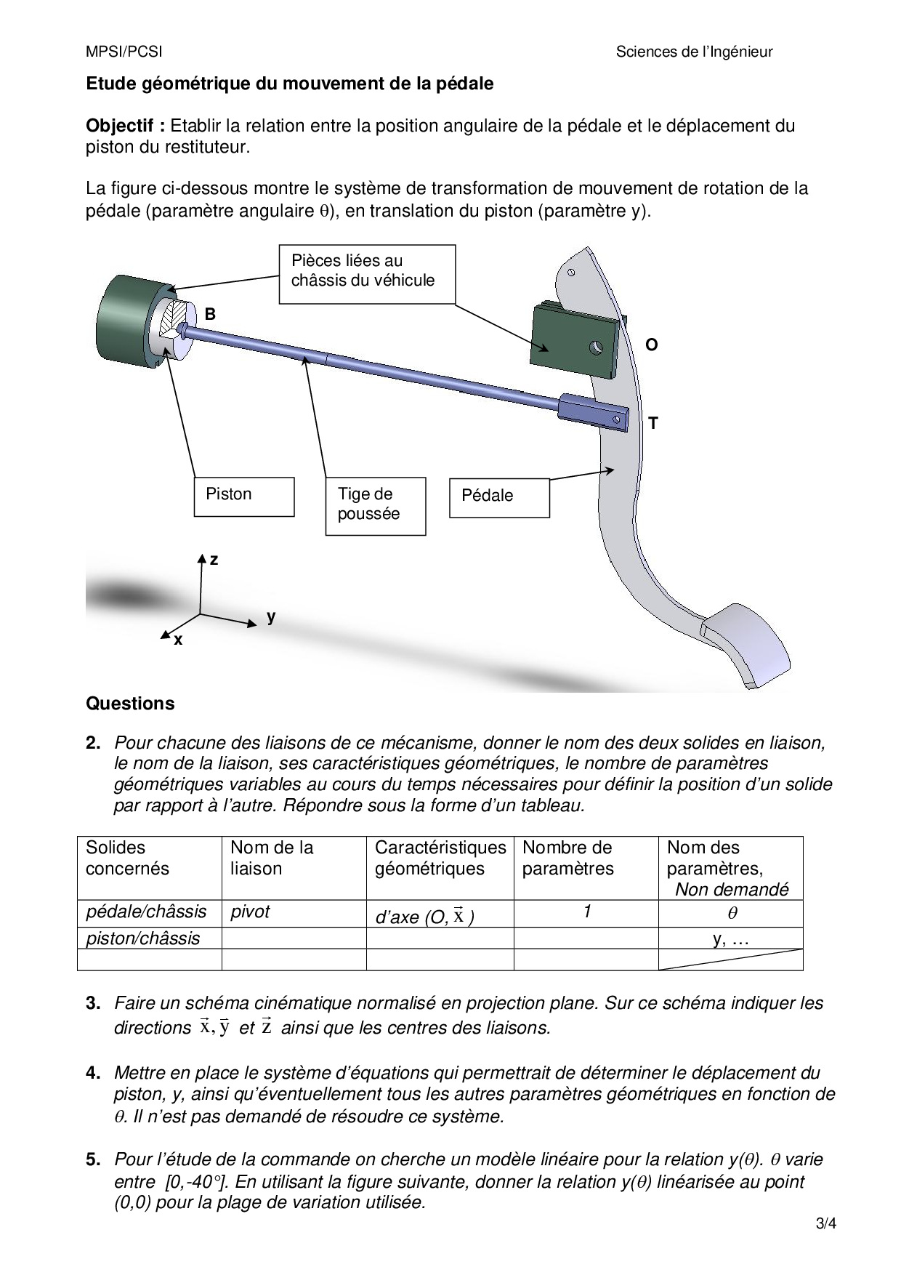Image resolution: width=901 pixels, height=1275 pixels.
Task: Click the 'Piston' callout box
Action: pyautogui.click(x=244, y=496)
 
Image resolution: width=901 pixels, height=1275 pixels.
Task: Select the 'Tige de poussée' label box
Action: pyautogui.click(x=375, y=506)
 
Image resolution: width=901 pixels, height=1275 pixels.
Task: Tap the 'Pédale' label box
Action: pyautogui.click(x=499, y=497)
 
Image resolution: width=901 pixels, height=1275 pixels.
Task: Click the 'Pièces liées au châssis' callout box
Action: pyautogui.click(x=367, y=273)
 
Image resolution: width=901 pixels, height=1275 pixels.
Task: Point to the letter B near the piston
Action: pyautogui.click(x=210, y=314)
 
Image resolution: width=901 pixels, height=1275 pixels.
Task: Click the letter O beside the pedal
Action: pyautogui.click(x=652, y=345)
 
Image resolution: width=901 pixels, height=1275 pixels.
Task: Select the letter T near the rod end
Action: pyautogui.click(x=653, y=422)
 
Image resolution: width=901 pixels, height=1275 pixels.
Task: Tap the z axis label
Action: pyautogui.click(x=214, y=560)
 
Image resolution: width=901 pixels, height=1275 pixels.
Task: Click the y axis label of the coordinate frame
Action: pyautogui.click(x=271, y=616)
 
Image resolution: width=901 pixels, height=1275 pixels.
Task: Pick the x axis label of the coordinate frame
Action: pyautogui.click(x=178, y=640)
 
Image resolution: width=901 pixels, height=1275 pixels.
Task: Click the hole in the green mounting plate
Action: pyautogui.click(x=597, y=347)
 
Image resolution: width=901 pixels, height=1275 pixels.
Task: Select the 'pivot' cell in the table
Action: pyautogui.click(x=250, y=912)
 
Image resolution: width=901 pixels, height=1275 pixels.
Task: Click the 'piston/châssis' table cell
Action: pyautogui.click(x=143, y=938)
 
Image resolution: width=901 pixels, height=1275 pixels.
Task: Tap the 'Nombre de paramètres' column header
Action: pyautogui.click(x=568, y=858)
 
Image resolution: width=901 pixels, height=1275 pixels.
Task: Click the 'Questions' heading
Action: pyautogui.click(x=131, y=704)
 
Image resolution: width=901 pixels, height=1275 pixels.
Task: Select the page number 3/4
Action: pyautogui.click(x=826, y=1223)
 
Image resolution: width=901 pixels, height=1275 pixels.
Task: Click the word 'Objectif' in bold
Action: pyautogui.click(x=125, y=126)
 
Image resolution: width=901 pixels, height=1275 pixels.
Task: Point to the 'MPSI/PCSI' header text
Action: pyautogui.click(x=124, y=52)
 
